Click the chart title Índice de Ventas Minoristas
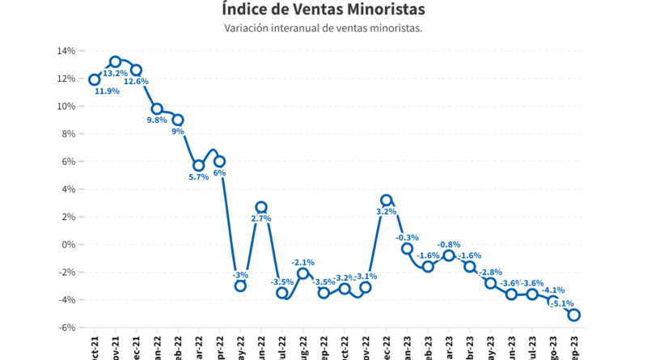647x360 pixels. (323, 10)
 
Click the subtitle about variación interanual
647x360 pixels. (323, 28)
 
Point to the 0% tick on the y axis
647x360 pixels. (68, 244)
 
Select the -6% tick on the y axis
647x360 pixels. (66, 328)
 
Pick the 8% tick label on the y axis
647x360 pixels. (68, 134)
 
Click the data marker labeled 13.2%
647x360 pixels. (116, 61)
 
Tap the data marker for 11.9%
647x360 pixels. (95, 79)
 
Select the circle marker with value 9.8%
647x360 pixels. (157, 108)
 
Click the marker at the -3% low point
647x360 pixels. (240, 286)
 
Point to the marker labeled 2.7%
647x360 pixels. (261, 207)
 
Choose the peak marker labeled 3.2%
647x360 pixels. (386, 200)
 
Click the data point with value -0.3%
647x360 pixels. (407, 248)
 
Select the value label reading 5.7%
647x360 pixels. (198, 177)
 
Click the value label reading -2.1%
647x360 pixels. (303, 262)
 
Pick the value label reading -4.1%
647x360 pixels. (554, 290)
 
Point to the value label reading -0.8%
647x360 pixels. (449, 244)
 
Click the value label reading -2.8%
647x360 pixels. (491, 272)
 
